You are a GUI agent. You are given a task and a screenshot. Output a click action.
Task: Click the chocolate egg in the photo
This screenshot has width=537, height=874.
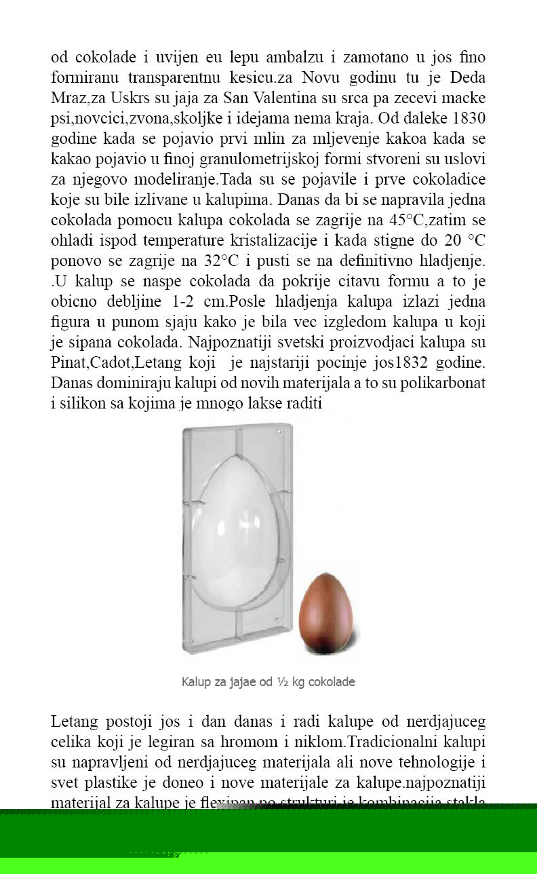coord(326,613)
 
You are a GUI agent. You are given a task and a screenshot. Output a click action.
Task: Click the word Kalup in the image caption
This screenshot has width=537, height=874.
coord(197,681)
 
